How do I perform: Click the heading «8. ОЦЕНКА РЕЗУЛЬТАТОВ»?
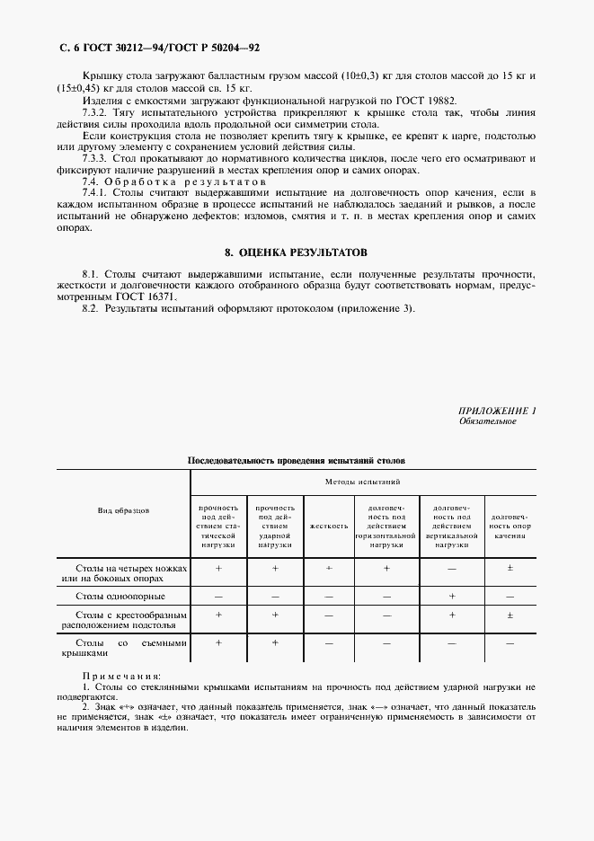coord(296,253)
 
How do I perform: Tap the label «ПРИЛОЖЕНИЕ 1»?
coord(497,411)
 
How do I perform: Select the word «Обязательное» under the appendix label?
coord(487,420)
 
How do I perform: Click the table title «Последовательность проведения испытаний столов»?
coord(296,460)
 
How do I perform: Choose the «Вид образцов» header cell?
coord(123,510)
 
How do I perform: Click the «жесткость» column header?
coord(328,526)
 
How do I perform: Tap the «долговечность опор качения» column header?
coord(510,526)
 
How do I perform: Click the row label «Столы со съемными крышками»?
coord(123,649)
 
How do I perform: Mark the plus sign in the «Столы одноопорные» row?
coord(452,596)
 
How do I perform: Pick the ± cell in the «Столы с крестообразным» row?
coord(510,615)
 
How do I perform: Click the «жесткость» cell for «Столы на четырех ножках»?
coord(328,569)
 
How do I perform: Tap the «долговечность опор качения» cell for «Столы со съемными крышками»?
coord(510,644)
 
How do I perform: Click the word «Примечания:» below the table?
coord(121,675)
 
